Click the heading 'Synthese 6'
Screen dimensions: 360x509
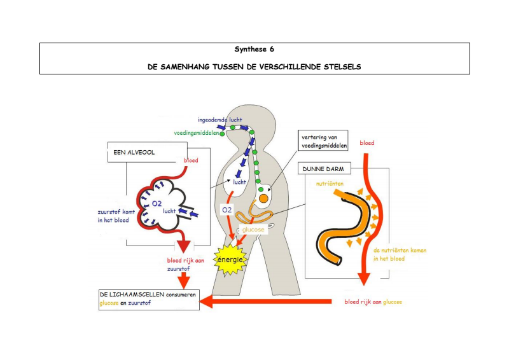(254, 49)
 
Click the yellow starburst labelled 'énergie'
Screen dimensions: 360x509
(231, 260)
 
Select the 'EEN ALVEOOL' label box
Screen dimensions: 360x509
(130, 153)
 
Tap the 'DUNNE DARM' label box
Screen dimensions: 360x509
(319, 169)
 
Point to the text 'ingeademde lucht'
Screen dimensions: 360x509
(220, 120)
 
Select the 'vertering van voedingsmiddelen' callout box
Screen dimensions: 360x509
(324, 141)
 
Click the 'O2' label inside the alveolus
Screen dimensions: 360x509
(156, 204)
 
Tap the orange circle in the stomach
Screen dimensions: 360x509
(263, 198)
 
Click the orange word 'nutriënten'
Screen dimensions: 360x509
(331, 183)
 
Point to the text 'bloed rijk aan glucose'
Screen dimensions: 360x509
(373, 301)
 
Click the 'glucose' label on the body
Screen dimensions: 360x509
(253, 230)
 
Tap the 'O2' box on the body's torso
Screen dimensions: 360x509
(228, 210)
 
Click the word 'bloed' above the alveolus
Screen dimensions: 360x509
(190, 160)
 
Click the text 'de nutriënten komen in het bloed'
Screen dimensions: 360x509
(400, 254)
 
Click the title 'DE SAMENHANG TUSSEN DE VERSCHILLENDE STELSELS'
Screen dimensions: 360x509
(254, 66)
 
